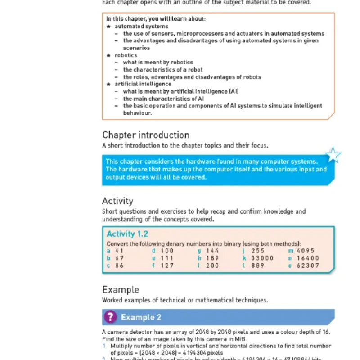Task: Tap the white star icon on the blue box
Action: click(333, 155)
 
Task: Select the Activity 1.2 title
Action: click(127, 234)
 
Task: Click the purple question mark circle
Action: click(110, 317)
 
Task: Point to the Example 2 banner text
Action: click(141, 318)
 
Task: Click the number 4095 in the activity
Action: click(306, 251)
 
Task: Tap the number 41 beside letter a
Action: click(119, 251)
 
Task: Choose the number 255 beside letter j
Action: click(258, 251)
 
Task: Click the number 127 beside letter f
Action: click(167, 265)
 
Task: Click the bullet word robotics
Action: click(126, 55)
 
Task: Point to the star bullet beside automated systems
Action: click(108, 27)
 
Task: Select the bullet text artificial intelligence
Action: click(143, 84)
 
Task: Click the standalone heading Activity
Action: click(117, 201)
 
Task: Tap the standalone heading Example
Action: click(121, 289)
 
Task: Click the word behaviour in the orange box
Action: click(137, 113)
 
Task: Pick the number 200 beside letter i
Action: click(212, 265)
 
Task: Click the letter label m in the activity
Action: click(291, 251)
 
